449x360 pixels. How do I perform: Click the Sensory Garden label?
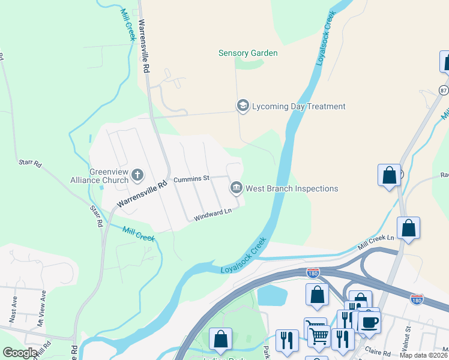tap(247, 53)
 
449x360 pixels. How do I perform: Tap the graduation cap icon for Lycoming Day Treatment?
tap(243, 106)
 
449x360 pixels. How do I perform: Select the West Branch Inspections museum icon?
tap(237, 188)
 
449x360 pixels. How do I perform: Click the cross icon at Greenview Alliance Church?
tap(137, 176)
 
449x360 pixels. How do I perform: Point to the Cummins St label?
tap(191, 179)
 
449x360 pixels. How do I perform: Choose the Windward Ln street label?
tap(212, 215)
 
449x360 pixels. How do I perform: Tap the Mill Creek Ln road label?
tap(376, 242)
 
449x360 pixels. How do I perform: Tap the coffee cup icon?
tap(369, 321)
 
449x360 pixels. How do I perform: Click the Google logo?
tap(20, 353)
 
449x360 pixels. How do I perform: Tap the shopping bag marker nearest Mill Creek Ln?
tap(408, 228)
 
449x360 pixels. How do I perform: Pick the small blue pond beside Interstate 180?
tap(272, 295)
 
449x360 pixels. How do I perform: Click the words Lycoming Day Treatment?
tap(299, 107)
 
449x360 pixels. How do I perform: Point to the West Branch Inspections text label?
tap(292, 188)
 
